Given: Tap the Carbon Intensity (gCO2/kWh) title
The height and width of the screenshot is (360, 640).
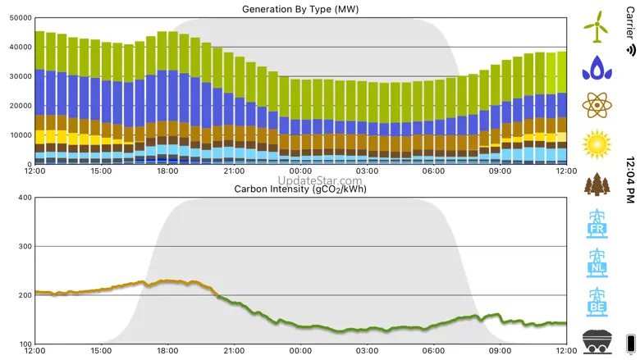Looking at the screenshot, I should tap(299, 189).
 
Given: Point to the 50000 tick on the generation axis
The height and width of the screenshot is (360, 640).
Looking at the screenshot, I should tap(19, 18).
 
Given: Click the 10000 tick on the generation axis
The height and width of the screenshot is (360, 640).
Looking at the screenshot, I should tap(19, 135).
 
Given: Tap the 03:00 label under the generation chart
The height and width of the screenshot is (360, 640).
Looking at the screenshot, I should tap(367, 171).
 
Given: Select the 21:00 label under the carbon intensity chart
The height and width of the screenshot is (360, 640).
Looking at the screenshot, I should tap(234, 351).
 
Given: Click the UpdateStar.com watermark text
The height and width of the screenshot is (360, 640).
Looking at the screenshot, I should tap(320, 180).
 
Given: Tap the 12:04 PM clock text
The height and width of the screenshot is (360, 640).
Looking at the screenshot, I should tap(630, 180).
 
